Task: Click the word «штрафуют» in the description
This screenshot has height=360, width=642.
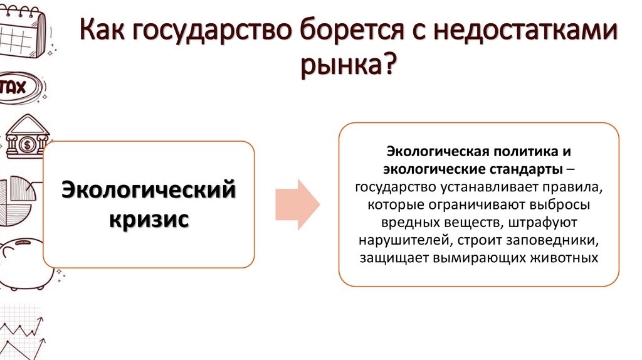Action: point(552,222)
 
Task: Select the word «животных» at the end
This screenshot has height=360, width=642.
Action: point(564,257)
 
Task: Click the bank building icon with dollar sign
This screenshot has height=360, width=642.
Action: point(26,138)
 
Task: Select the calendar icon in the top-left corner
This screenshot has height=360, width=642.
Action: point(22,28)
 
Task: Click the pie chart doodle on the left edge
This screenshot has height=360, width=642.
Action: point(17,201)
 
